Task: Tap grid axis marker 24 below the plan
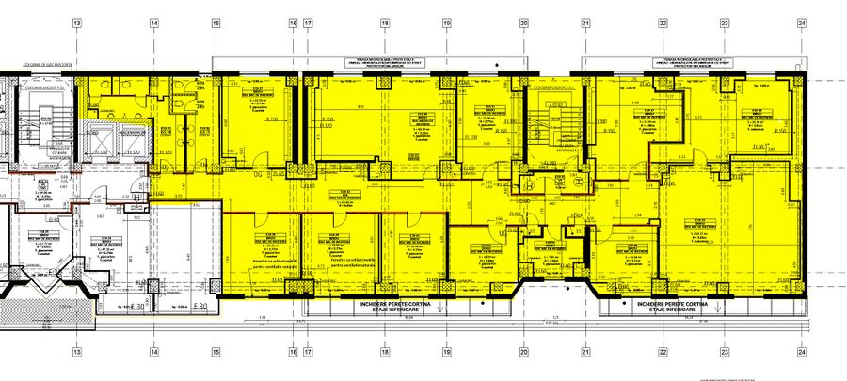801,356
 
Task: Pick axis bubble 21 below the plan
585,356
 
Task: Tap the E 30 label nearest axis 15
199,306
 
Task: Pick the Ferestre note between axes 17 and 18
335,263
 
